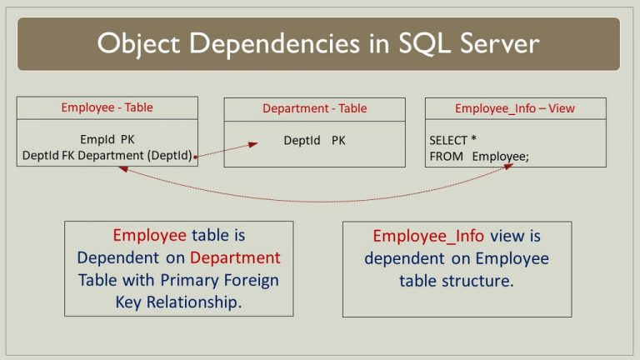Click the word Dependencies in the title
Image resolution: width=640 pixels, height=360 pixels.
(x=274, y=43)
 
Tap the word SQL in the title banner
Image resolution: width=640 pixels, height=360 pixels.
(x=424, y=43)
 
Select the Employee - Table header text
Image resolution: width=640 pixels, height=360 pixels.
(x=107, y=107)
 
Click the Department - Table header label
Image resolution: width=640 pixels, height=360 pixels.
(x=315, y=108)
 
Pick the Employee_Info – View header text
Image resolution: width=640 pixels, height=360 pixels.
(x=515, y=108)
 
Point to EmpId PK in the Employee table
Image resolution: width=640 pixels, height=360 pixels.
(x=107, y=139)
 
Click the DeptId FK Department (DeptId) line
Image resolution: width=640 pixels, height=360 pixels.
(x=107, y=156)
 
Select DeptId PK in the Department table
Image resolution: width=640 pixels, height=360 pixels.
(x=314, y=140)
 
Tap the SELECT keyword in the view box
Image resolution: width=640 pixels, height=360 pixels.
(x=448, y=140)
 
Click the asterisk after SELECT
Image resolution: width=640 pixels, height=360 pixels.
(x=473, y=138)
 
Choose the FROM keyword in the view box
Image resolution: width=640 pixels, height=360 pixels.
(x=446, y=157)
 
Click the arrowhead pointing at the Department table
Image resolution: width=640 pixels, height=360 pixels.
(x=253, y=144)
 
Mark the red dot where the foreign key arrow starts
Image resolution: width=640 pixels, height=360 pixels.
(x=196, y=157)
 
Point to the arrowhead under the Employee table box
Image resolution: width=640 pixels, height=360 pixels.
(x=123, y=168)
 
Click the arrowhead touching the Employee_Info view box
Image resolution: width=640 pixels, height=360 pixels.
(x=508, y=166)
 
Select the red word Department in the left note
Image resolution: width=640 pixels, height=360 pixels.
(x=235, y=257)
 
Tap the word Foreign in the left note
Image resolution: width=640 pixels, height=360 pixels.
(x=252, y=280)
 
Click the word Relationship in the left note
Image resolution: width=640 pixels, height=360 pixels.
(x=194, y=302)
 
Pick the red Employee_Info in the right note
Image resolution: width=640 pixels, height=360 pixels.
(x=428, y=236)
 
